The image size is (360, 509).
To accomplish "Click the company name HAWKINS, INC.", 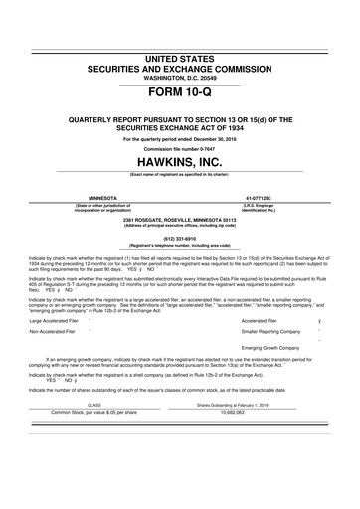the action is [x=180, y=161].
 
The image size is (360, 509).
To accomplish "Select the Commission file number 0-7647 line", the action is [x=180, y=149].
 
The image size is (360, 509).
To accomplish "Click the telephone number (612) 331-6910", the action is [x=180, y=239].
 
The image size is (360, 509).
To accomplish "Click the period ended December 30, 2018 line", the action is [x=180, y=139].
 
